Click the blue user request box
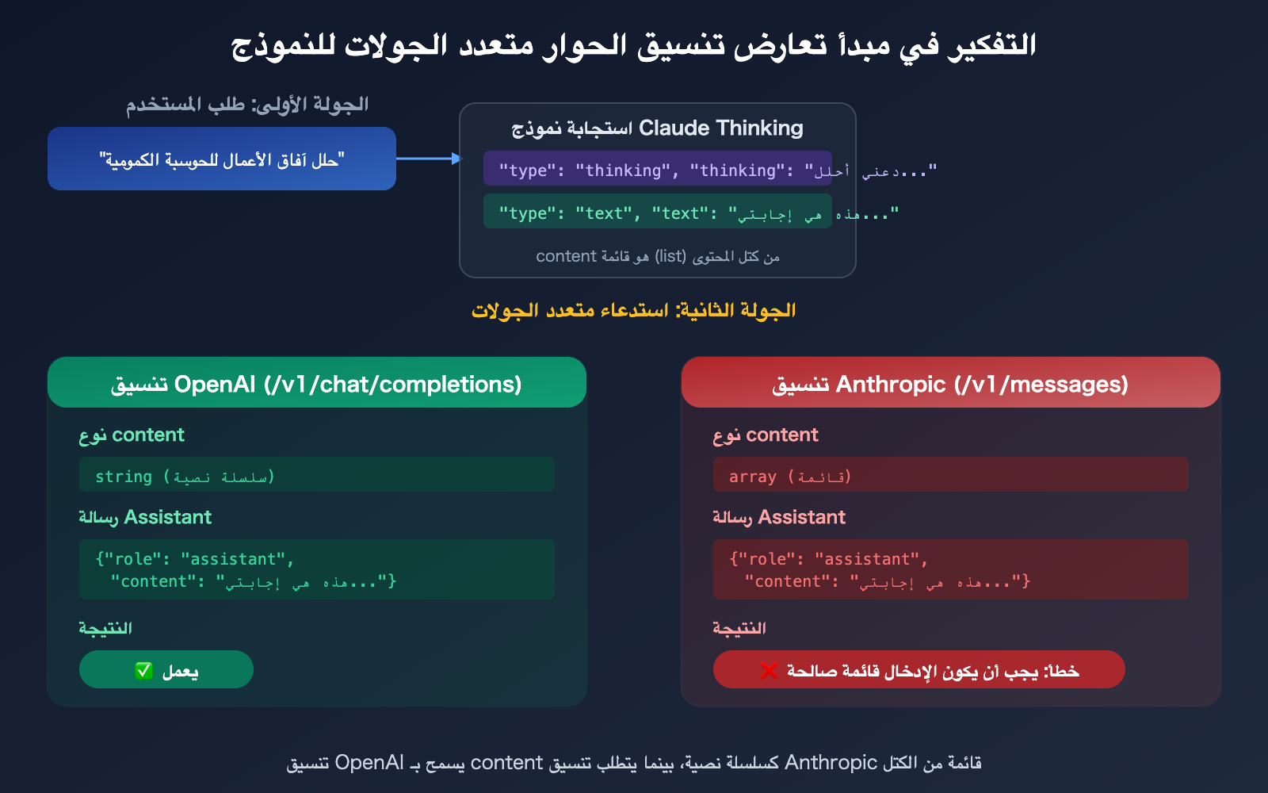[x=222, y=159]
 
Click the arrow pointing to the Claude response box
[x=428, y=159]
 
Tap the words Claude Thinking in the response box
[x=720, y=128]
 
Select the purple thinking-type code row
[x=658, y=169]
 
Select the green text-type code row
[x=658, y=212]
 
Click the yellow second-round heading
[x=634, y=310]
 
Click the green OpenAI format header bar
[x=317, y=384]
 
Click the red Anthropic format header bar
[x=951, y=384]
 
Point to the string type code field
[x=317, y=475]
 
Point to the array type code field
[x=951, y=475]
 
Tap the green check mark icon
[x=143, y=671]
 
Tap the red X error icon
[x=769, y=671]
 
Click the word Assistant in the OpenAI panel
[x=168, y=517]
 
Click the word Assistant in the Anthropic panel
[x=802, y=517]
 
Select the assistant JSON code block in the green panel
[x=317, y=569]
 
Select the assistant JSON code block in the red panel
[x=951, y=569]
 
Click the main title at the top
[x=634, y=44]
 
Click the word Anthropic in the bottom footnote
[x=831, y=763]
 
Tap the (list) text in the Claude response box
[x=670, y=256]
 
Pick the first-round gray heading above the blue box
[x=247, y=105]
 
